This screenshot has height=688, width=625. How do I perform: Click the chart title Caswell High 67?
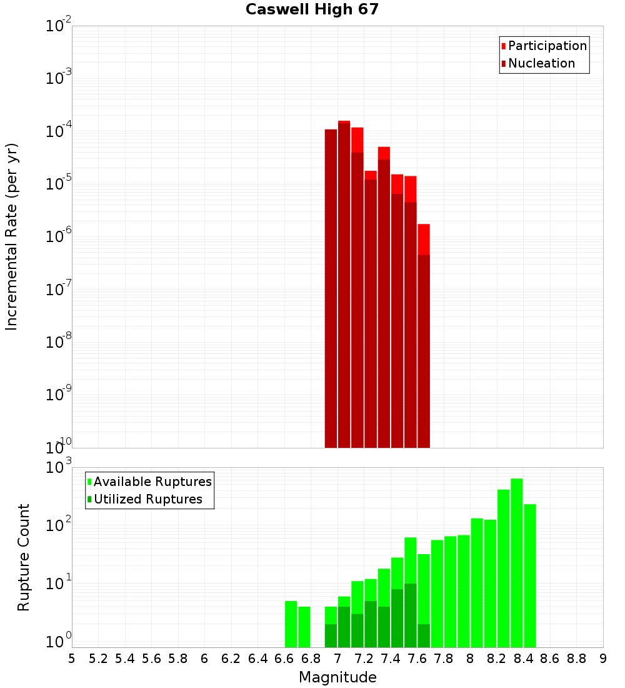(312, 9)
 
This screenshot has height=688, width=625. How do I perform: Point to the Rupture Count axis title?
(24, 557)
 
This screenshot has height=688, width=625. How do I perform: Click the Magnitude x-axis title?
(337, 677)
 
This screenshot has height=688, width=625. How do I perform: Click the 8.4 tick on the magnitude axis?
(524, 659)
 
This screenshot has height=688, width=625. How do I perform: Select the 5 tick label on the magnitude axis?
(72, 659)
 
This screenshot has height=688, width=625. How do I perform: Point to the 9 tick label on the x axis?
(603, 659)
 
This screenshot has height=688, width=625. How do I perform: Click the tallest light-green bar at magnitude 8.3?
(517, 563)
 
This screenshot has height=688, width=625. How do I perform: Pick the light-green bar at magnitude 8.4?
(530, 575)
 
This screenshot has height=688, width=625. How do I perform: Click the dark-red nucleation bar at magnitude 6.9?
(331, 288)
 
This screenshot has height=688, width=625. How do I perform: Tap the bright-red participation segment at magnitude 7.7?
(424, 239)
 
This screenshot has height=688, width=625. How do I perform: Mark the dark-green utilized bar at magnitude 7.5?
(410, 615)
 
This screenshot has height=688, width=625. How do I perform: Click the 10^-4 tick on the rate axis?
(59, 131)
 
